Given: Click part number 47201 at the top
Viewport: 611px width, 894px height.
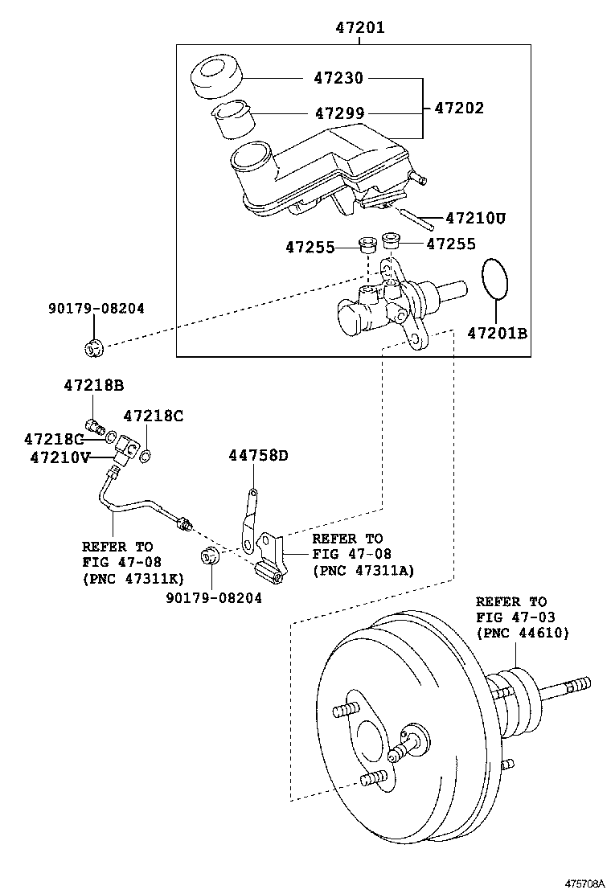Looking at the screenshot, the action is pyautogui.click(x=359, y=27).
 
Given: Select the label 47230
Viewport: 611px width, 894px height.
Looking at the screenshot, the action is pyautogui.click(x=338, y=77).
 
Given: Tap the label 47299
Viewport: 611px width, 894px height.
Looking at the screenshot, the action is pyautogui.click(x=340, y=113).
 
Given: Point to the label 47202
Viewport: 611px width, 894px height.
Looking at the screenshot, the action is pyautogui.click(x=459, y=108).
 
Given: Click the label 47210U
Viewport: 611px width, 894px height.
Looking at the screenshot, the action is pyautogui.click(x=475, y=218).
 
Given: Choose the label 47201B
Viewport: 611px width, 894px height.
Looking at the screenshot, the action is pyautogui.click(x=498, y=333).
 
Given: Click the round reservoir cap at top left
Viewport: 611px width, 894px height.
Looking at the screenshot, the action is pyautogui.click(x=216, y=78).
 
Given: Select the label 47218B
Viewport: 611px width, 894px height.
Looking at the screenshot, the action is pyautogui.click(x=94, y=385).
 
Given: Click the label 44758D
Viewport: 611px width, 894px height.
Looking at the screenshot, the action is pyautogui.click(x=259, y=455).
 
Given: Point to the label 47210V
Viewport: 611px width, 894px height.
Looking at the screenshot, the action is pyautogui.click(x=59, y=457).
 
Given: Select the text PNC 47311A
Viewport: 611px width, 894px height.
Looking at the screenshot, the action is pyautogui.click(x=363, y=570).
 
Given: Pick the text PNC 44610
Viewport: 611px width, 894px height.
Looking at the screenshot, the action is pyautogui.click(x=523, y=632).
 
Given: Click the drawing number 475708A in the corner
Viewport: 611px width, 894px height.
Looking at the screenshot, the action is pyautogui.click(x=584, y=884).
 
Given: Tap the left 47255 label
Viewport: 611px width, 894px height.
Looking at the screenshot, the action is pyautogui.click(x=310, y=248).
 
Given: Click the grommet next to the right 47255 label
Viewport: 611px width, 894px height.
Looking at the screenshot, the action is pyautogui.click(x=391, y=240).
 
